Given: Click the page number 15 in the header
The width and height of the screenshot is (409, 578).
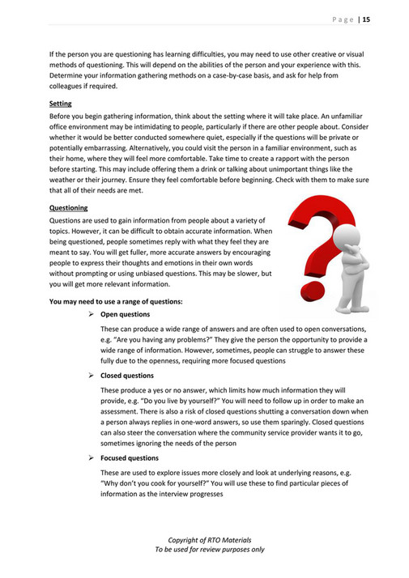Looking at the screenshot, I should (x=366, y=19).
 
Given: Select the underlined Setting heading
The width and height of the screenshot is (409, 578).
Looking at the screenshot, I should (x=61, y=104).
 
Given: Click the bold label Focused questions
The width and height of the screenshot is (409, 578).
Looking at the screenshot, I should (x=130, y=458).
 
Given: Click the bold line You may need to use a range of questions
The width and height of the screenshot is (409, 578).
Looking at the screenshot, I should (x=116, y=302).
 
